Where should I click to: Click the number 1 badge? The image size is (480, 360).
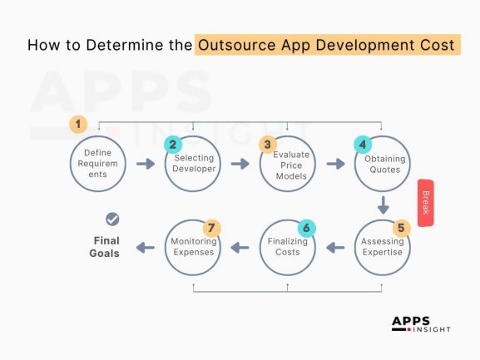[x=78, y=125]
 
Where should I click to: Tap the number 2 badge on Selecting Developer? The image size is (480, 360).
[x=172, y=145]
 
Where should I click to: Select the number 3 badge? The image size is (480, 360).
[x=267, y=145]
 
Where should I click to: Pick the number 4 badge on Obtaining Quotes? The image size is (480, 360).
[x=361, y=145]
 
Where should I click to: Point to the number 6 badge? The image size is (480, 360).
[x=305, y=226]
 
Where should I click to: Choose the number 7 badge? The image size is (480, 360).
[x=210, y=226]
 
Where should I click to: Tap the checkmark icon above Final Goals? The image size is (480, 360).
[x=111, y=219]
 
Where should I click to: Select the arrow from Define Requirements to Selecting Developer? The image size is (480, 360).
[x=146, y=165]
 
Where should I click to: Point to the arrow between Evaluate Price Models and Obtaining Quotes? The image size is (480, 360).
[x=335, y=165]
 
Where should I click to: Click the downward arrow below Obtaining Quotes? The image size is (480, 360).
[x=384, y=205]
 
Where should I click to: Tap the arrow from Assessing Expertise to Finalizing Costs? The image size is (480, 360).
[x=335, y=247]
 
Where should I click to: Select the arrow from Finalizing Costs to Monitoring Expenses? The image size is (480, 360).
[x=240, y=247]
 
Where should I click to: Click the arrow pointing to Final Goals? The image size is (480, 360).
[x=146, y=247]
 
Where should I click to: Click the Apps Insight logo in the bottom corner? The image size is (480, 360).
[x=420, y=324]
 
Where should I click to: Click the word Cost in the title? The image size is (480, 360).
[x=433, y=45]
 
